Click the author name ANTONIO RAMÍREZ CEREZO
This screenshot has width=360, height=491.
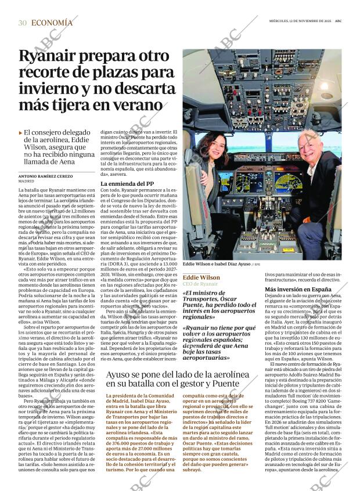coord(46,176)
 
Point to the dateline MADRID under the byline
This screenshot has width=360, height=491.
coord(27,182)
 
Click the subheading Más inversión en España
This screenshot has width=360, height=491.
coord(290,288)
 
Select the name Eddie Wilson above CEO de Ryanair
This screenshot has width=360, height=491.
coord(201,277)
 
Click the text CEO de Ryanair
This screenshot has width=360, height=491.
coord(200,284)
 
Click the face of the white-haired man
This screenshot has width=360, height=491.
coord(308,145)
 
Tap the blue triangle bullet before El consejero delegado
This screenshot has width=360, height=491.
coord(21,133)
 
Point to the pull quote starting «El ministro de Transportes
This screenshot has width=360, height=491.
coord(219,305)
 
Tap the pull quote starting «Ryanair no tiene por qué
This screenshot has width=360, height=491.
coord(219,342)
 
